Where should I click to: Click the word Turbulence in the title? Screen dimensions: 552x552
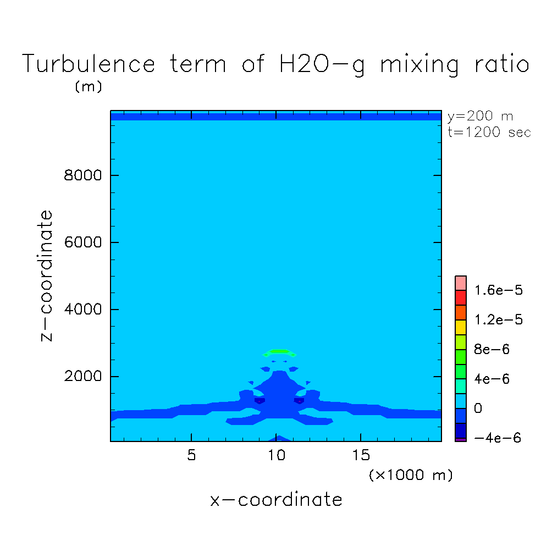(x=89, y=65)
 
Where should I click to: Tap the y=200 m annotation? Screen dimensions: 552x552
(x=480, y=116)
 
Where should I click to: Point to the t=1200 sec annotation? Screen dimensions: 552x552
(x=489, y=133)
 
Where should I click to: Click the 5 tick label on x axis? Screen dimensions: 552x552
(x=191, y=456)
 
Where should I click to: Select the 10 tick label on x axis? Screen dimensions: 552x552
(x=277, y=456)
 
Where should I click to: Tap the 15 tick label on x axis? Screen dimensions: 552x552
(x=361, y=456)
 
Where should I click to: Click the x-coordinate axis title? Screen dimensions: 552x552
(x=277, y=500)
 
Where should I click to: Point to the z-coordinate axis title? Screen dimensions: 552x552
(x=48, y=275)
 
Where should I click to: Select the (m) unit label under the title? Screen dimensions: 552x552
(x=88, y=87)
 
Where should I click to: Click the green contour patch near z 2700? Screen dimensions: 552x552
(x=279, y=352)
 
